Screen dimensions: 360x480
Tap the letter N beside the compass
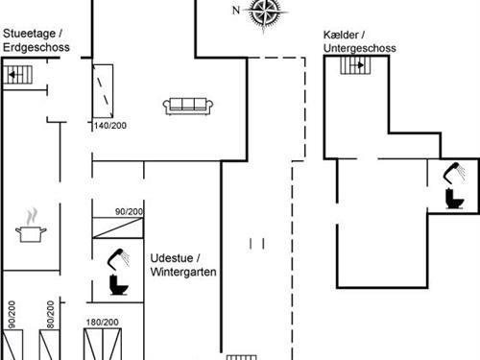237,11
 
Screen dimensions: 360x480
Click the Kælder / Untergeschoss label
360,41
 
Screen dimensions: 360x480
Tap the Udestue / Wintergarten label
183,265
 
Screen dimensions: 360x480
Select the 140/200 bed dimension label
109,126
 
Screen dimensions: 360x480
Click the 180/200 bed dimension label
102,323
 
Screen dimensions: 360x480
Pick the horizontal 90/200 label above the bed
129,212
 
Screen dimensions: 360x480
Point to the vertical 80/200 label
49,317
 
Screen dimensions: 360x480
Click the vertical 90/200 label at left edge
12,317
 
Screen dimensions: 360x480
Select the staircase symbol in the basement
356,65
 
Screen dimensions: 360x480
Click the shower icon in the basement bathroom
451,174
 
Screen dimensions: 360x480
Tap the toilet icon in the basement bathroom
454,199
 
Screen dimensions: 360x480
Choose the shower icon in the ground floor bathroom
119,256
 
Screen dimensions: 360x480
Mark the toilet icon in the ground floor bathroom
117,286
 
